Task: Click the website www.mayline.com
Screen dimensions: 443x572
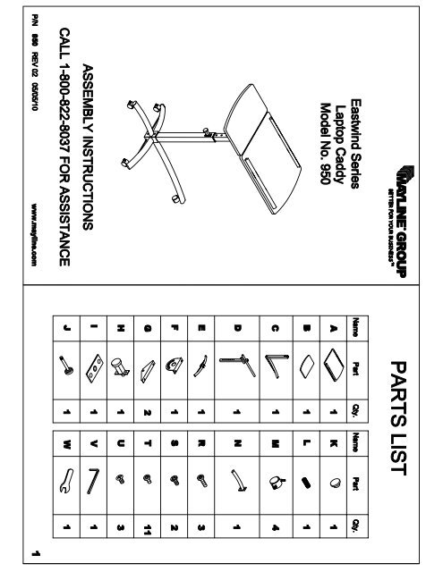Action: [33, 231]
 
